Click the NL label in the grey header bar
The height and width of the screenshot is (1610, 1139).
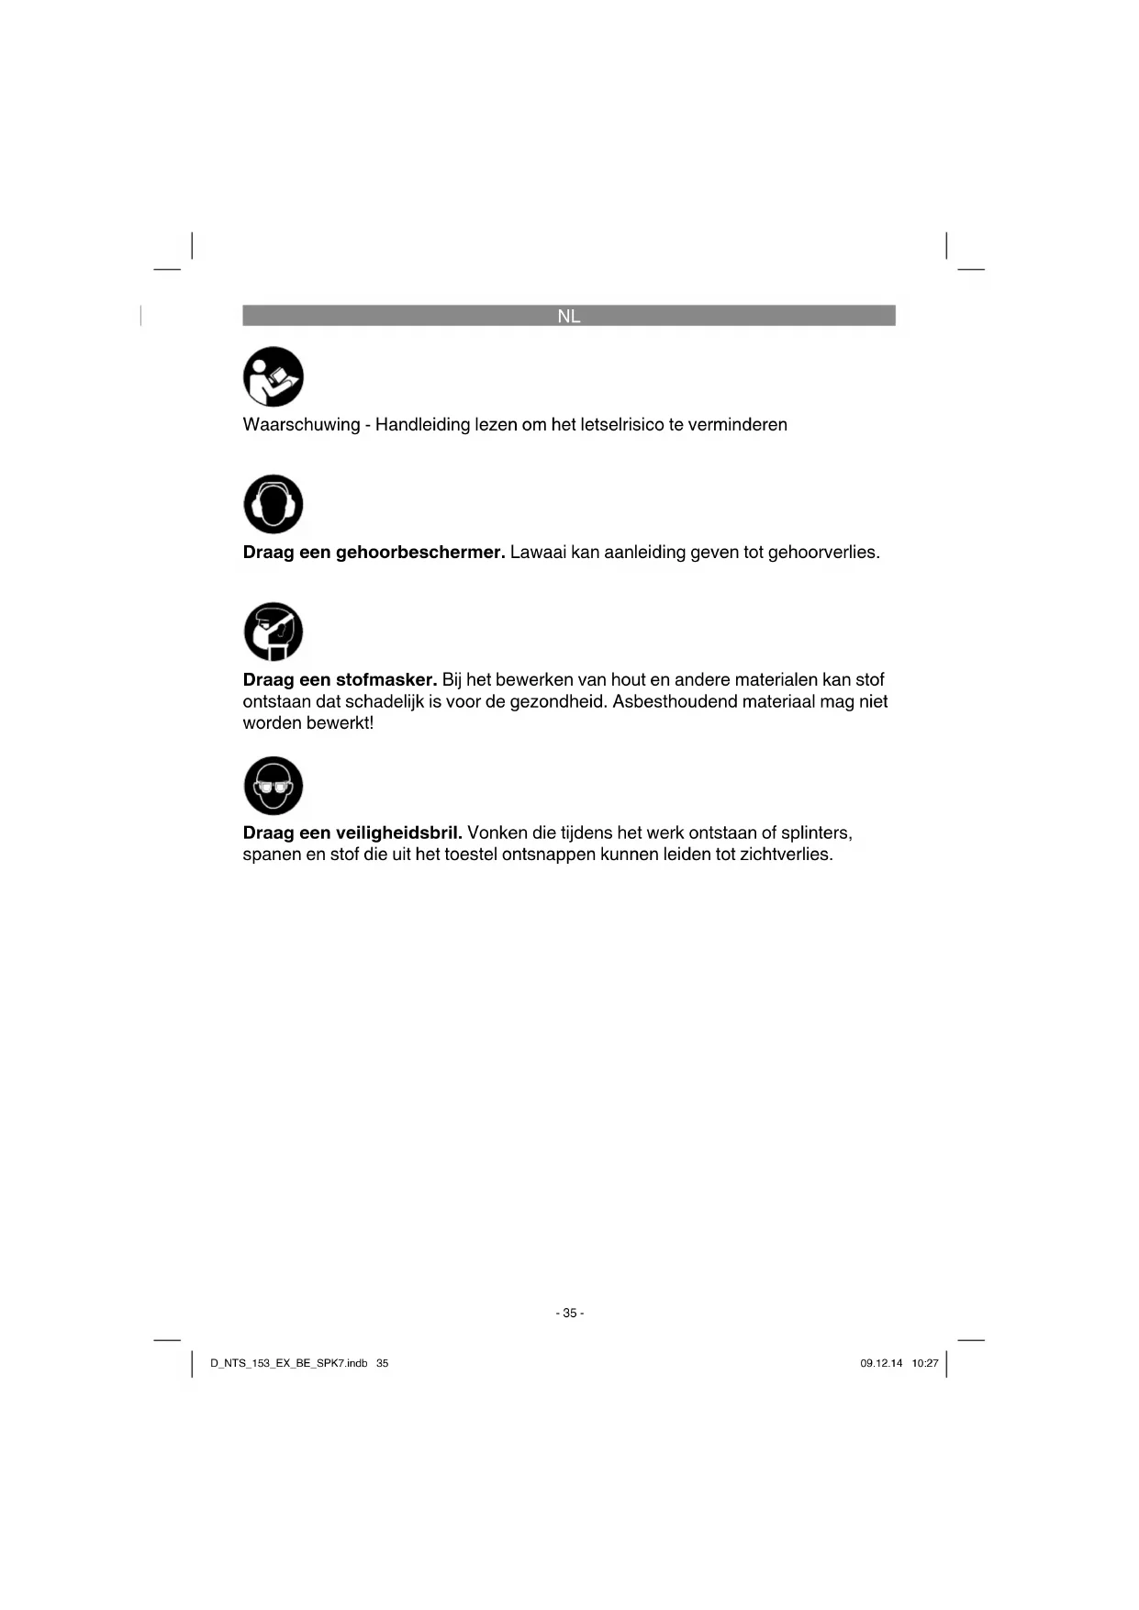(x=569, y=317)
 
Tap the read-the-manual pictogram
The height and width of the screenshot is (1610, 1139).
(x=274, y=377)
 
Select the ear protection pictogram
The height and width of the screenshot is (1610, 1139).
(x=274, y=504)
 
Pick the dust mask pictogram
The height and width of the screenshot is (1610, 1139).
(x=274, y=632)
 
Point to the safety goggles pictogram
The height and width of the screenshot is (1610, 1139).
(x=274, y=786)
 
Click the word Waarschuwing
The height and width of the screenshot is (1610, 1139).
(x=301, y=425)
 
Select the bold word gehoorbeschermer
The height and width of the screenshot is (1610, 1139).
(x=420, y=553)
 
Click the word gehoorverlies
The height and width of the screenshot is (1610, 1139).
(x=822, y=553)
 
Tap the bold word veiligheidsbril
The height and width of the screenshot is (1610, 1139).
(x=398, y=833)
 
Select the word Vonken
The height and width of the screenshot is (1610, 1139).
(x=497, y=833)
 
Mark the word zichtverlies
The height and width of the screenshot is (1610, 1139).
(x=786, y=855)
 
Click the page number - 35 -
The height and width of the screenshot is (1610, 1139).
(x=570, y=1314)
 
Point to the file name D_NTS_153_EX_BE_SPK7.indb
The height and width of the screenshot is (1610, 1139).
(x=289, y=1364)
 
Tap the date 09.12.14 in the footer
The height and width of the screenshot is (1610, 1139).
(x=881, y=1364)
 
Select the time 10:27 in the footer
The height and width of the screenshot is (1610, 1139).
(x=925, y=1364)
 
